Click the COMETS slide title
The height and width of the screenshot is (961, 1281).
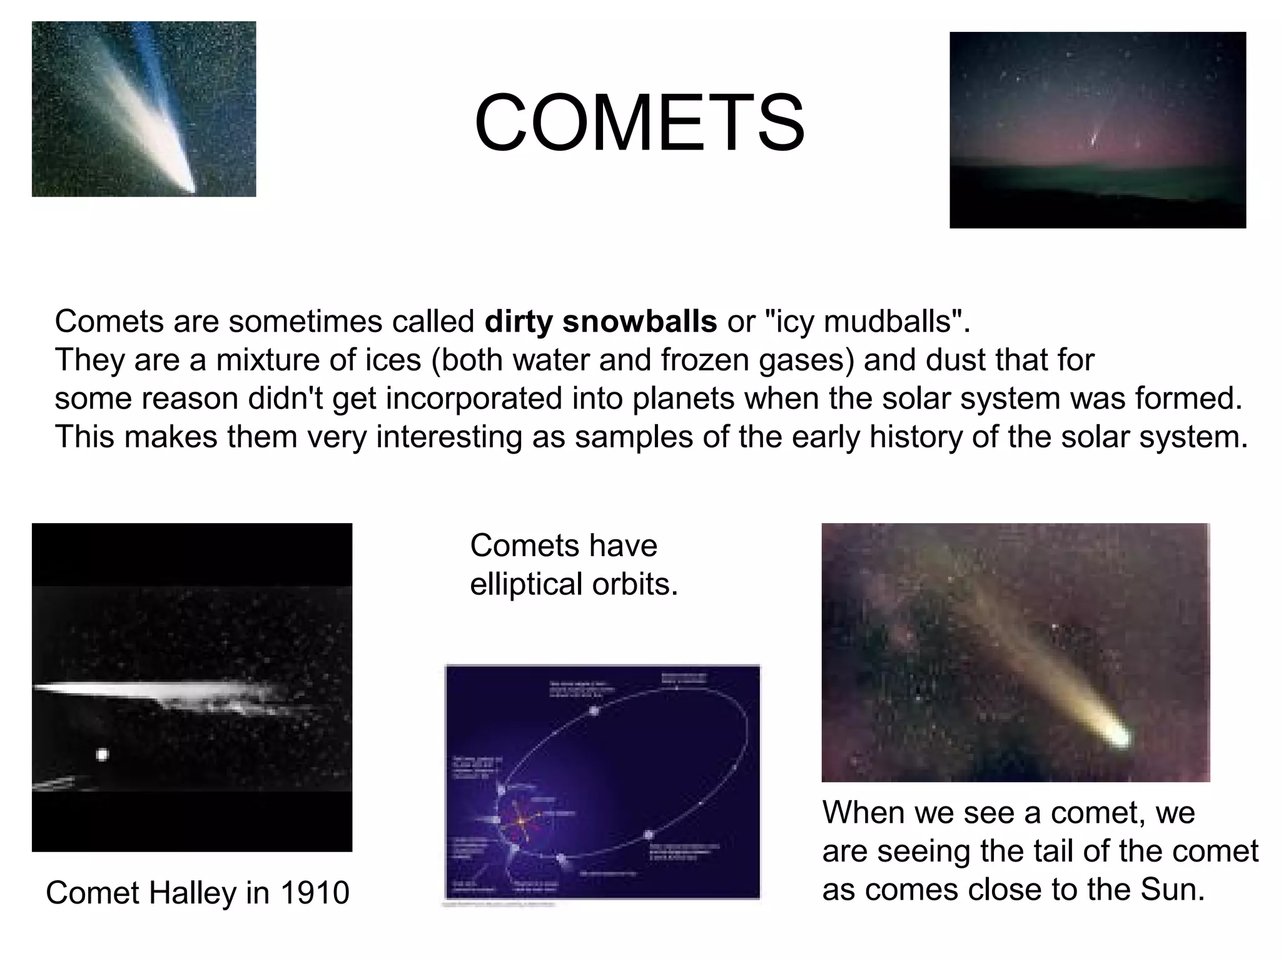pyautogui.click(x=639, y=123)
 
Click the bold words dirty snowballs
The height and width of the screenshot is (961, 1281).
pyautogui.click(x=600, y=322)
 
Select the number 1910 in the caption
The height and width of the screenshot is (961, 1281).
pyautogui.click(x=315, y=892)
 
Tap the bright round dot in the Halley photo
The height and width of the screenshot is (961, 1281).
pyautogui.click(x=102, y=755)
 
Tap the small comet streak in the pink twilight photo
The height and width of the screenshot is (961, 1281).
pyautogui.click(x=1094, y=139)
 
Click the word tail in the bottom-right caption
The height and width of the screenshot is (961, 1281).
pyautogui.click(x=1044, y=851)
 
